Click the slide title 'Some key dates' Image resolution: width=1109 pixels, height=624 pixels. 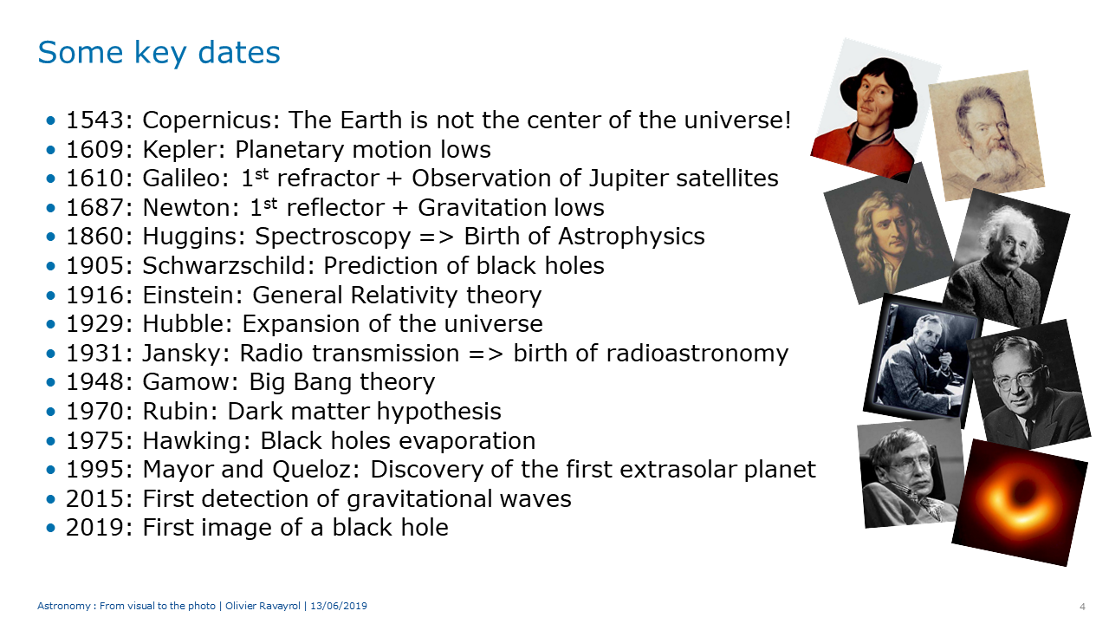click(159, 53)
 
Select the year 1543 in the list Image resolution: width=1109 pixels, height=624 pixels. click(94, 120)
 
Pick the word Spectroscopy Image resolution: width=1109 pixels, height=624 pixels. click(333, 237)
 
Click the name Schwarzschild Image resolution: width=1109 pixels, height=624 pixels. click(224, 266)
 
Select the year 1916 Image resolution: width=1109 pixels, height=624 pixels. click(94, 296)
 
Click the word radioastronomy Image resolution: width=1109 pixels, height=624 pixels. click(697, 354)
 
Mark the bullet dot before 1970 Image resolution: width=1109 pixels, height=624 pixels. click(50, 412)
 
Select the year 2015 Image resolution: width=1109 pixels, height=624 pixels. click(94, 499)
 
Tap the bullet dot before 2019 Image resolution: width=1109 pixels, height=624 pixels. click(50, 528)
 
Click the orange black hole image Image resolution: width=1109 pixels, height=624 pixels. click(1020, 503)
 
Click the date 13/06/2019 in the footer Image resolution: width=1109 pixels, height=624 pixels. click(339, 606)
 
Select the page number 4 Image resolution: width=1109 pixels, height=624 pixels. click(1082, 607)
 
